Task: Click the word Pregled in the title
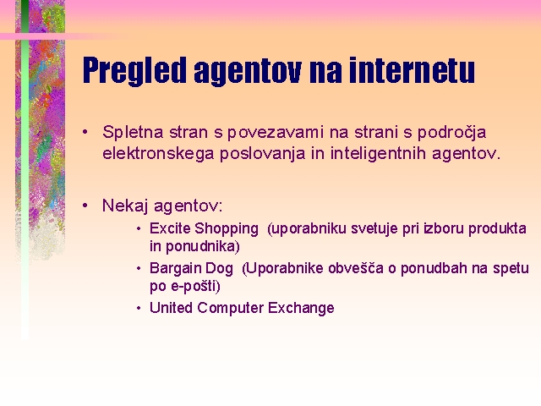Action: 134,71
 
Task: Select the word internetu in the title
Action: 412,70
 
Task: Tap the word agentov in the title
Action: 248,72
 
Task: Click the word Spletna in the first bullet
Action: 133,133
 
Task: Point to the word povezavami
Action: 275,133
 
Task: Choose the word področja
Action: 452,133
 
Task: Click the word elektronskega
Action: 158,154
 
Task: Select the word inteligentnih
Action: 378,154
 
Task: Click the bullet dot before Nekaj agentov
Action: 85,206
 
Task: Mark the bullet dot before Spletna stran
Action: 85,132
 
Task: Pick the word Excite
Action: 170,228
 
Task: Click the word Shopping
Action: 227,229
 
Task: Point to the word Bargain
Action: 175,269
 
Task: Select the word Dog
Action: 220,269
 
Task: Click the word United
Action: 171,308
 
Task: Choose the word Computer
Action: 230,308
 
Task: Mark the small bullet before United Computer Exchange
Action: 139,308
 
